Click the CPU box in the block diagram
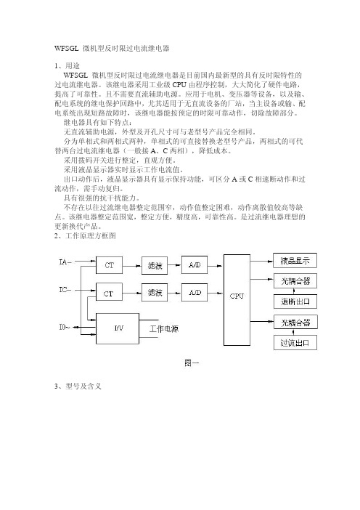237,300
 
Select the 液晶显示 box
295,261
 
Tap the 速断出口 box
295,301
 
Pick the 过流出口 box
295,343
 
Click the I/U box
118,328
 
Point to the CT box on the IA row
109,265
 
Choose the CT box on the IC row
109,292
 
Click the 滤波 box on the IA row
155,265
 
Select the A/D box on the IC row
195,292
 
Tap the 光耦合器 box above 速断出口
295,281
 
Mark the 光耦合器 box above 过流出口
295,322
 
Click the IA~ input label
65,262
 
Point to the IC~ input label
65,289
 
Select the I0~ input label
65,326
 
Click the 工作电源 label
164,329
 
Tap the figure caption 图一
192,363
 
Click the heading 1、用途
67,65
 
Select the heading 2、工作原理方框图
85,235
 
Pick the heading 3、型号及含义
78,386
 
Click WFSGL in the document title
67,49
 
